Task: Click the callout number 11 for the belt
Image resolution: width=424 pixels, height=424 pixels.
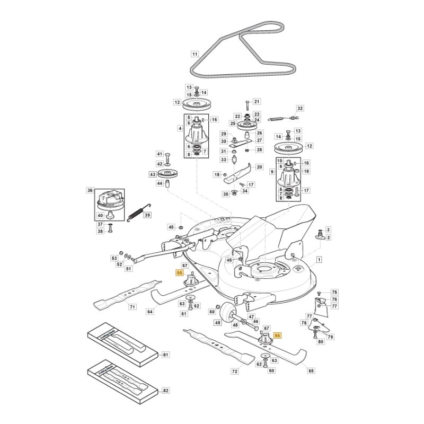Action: pyautogui.click(x=195, y=54)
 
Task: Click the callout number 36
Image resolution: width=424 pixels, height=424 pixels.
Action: pyautogui.click(x=90, y=190)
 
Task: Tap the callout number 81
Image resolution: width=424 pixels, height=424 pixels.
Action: pyautogui.click(x=165, y=355)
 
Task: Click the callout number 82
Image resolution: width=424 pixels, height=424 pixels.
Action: pyautogui.click(x=165, y=391)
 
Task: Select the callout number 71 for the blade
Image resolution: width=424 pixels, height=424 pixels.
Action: pyautogui.click(x=132, y=307)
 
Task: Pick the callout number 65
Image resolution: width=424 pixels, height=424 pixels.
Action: pyautogui.click(x=311, y=371)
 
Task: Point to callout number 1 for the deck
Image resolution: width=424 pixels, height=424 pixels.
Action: pyautogui.click(x=319, y=259)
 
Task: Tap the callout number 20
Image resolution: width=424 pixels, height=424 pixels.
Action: pyautogui.click(x=259, y=167)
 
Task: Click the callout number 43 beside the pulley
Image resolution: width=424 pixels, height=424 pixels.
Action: pyautogui.click(x=153, y=174)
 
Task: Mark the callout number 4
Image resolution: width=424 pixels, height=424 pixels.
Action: pyautogui.click(x=180, y=129)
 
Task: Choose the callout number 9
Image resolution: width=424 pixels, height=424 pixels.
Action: pyautogui.click(x=271, y=172)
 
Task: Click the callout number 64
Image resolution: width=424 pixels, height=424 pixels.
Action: pyautogui.click(x=150, y=312)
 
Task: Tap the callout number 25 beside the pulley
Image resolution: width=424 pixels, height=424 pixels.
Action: pyautogui.click(x=233, y=123)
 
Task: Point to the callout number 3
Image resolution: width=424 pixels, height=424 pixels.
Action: pyautogui.click(x=328, y=229)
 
